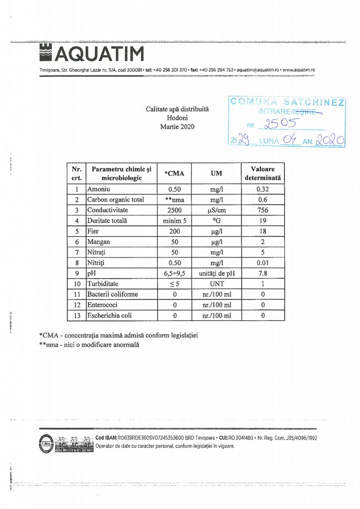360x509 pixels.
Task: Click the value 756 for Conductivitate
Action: [263, 210]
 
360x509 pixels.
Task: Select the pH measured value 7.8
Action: [263, 273]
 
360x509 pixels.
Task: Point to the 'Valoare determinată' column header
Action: [263, 173]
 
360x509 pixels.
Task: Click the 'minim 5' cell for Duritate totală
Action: [174, 221]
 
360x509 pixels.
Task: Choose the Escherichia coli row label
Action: [109, 315]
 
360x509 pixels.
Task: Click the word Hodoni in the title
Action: [178, 117]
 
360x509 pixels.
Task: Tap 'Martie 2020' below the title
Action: [178, 127]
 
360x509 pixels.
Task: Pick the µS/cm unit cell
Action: [216, 210]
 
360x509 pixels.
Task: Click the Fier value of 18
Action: [263, 231]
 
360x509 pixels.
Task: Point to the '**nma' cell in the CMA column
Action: [174, 200]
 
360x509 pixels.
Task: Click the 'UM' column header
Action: [216, 173]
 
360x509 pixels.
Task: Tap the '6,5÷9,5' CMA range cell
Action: [174, 273]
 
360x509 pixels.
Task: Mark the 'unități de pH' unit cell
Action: [216, 273]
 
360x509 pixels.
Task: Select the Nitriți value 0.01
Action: [263, 262]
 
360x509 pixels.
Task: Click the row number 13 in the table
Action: [77, 315]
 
